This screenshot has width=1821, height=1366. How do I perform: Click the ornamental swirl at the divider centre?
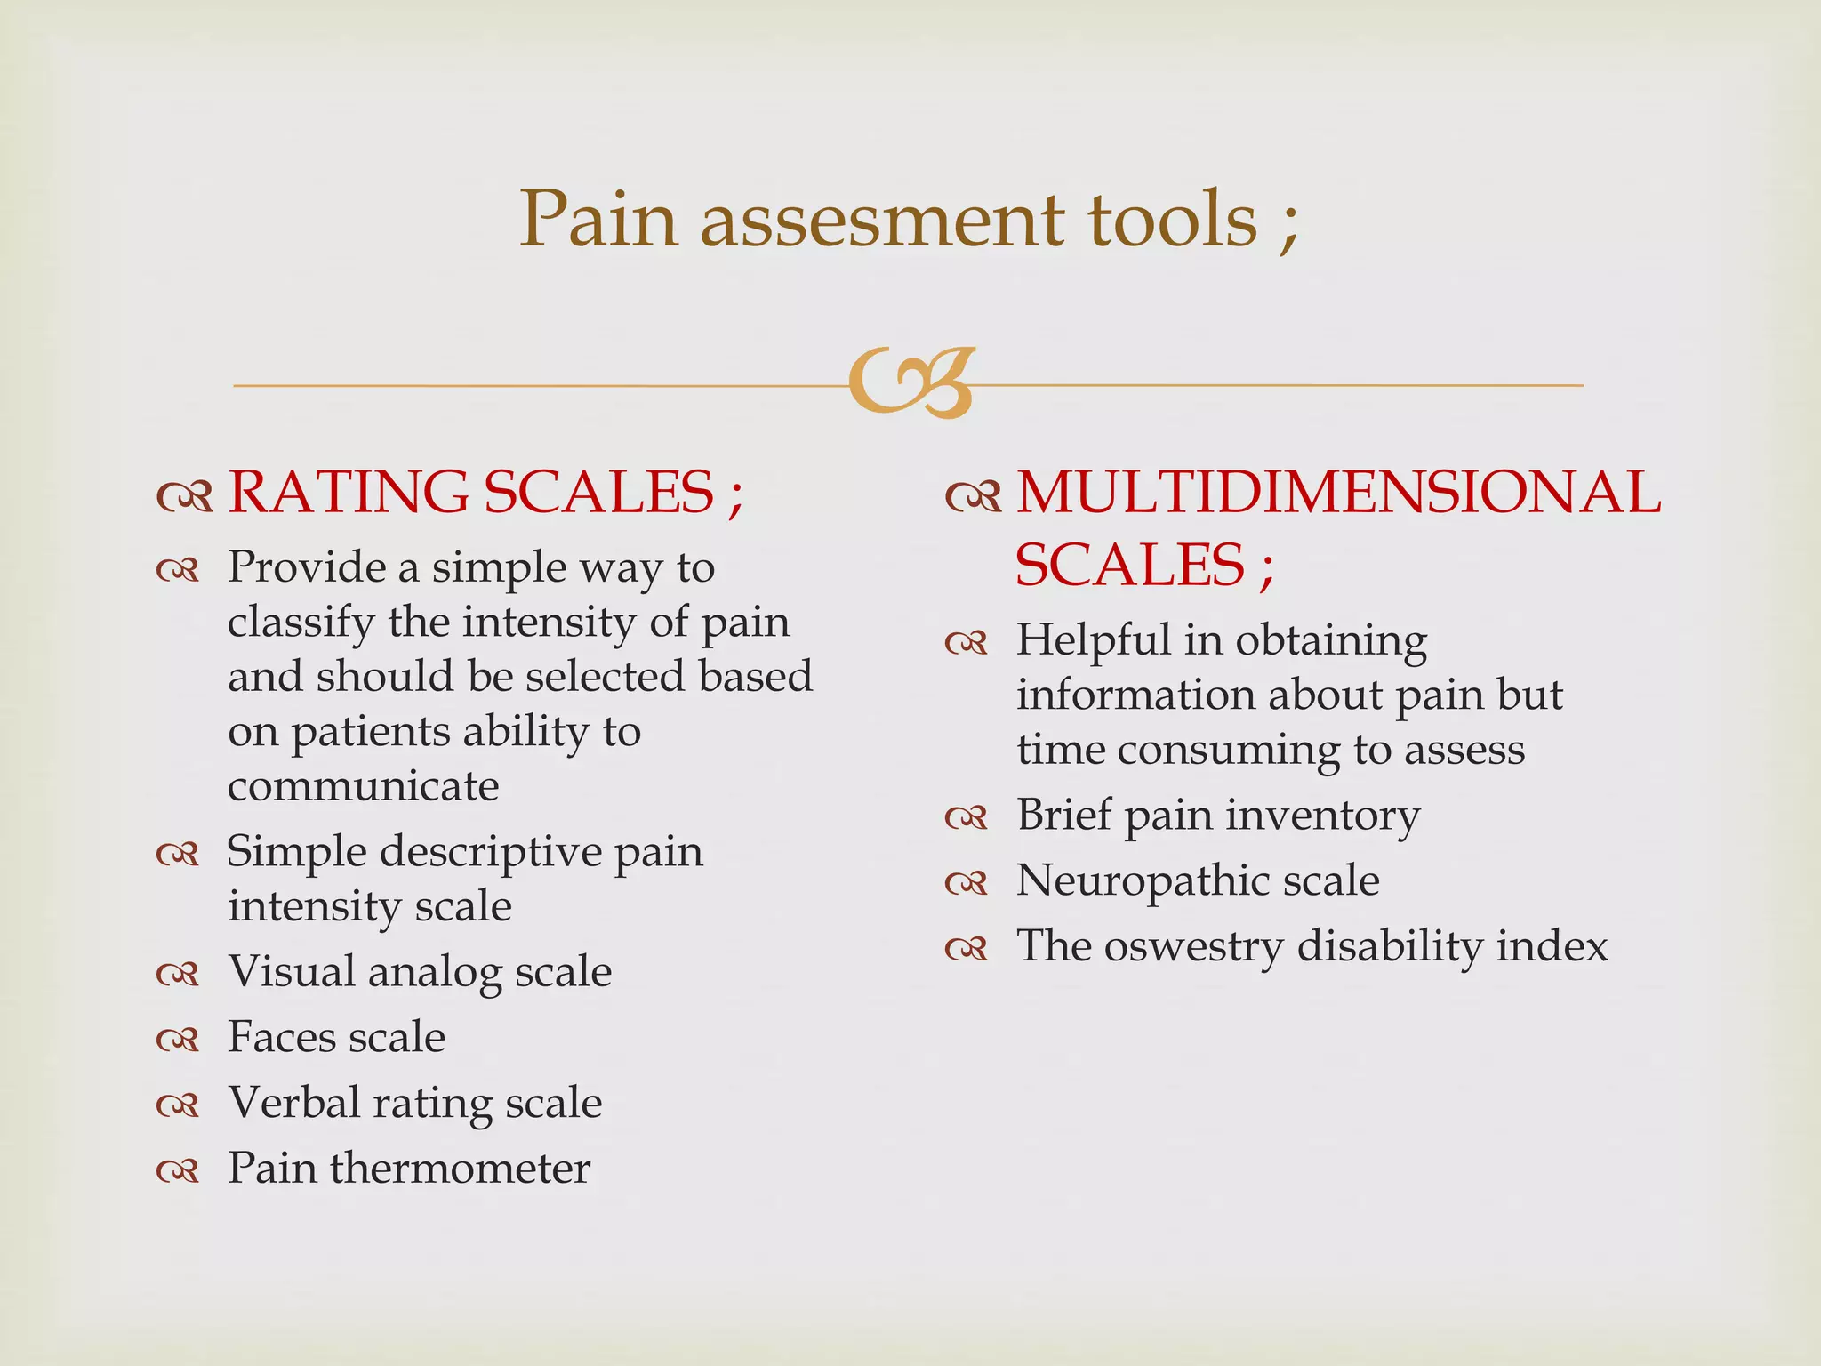(x=911, y=383)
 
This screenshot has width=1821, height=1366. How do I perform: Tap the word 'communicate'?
(x=363, y=786)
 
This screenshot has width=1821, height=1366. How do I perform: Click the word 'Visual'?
(x=291, y=971)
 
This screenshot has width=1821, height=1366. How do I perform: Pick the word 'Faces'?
(x=280, y=1037)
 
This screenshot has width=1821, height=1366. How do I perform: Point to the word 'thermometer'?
(x=460, y=1169)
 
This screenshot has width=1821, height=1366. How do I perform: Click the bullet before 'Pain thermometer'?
(x=178, y=1172)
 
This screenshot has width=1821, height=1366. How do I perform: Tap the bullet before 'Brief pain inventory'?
(x=967, y=817)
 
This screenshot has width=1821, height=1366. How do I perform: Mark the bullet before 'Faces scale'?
(x=178, y=1041)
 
